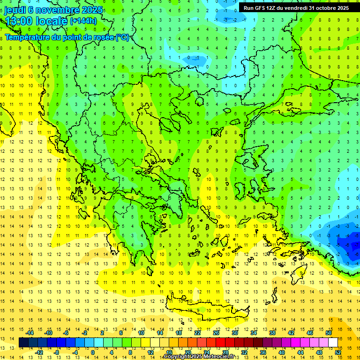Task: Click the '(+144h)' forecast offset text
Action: click(83, 21)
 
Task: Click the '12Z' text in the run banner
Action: click(274, 8)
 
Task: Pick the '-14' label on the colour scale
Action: click(30, 333)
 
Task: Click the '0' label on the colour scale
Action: click(93, 352)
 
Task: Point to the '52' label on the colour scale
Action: click(337, 352)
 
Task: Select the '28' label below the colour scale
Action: click(225, 352)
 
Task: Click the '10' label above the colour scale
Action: click(141, 333)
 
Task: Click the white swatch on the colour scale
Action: click(333, 343)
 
